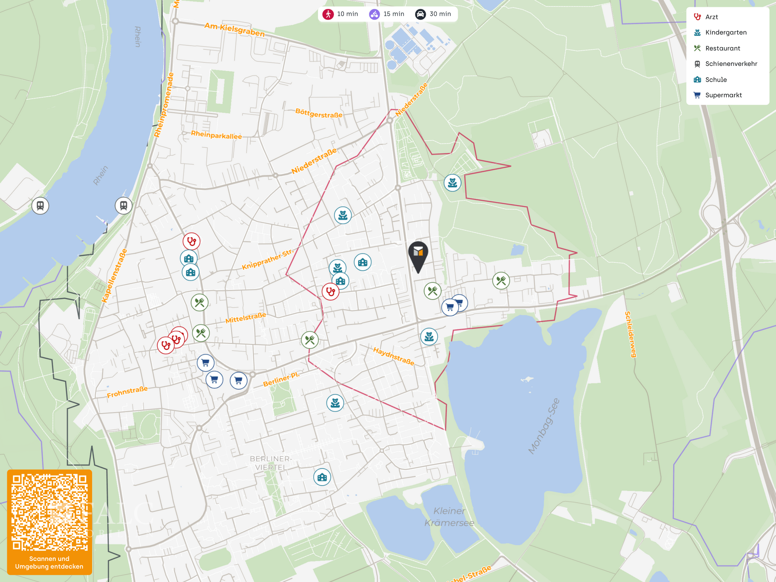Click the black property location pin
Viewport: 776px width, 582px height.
point(418,255)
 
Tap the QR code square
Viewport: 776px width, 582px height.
point(49,512)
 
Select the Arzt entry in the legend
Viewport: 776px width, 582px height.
point(711,17)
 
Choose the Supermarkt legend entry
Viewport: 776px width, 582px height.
point(723,95)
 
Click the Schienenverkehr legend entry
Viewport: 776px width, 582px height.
point(731,64)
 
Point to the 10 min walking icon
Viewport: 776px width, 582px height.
point(328,14)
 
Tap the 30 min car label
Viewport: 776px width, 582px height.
point(440,14)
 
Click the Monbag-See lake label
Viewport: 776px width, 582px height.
point(544,426)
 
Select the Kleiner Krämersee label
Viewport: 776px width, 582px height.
point(449,517)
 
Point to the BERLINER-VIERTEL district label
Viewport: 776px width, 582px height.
point(270,463)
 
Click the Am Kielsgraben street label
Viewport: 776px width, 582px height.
point(234,30)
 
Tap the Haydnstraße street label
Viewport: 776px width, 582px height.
point(393,356)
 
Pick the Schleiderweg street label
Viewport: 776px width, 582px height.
point(630,334)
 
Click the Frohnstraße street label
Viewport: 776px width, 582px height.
point(127,392)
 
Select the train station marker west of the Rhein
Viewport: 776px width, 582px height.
point(40,206)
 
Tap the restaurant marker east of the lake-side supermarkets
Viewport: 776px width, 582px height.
point(501,280)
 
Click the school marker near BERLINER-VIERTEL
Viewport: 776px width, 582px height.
point(322,477)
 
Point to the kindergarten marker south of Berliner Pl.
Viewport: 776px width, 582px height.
point(335,403)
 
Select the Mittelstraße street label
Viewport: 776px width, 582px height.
point(246,318)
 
